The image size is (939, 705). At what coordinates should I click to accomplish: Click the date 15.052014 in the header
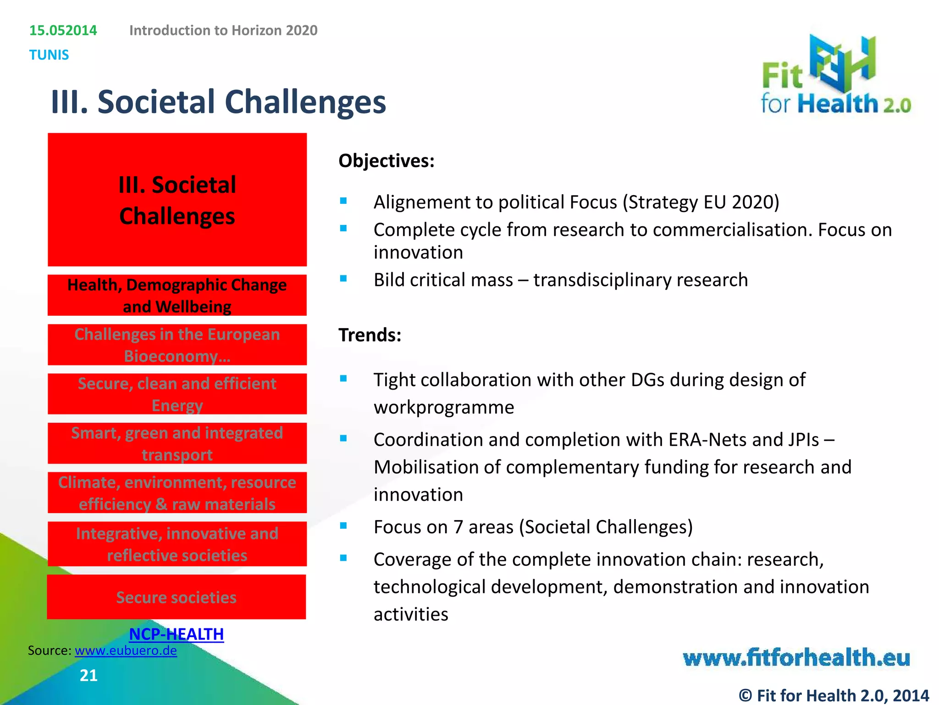point(63,30)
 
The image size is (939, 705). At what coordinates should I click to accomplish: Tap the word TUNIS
point(49,55)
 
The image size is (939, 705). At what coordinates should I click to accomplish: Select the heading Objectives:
point(386,161)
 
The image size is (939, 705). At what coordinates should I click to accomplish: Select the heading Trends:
point(370,335)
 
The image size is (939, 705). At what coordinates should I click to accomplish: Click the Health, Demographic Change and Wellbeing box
point(177,296)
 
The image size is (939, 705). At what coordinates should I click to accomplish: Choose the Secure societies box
point(177,597)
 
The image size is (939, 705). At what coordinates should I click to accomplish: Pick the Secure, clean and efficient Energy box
point(177,394)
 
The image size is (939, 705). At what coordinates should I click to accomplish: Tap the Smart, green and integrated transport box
point(177,443)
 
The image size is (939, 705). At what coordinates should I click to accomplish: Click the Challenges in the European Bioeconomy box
point(177,345)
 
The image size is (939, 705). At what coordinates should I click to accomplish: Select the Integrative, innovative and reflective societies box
point(177,544)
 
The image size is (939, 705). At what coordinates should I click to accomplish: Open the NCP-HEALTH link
point(177,634)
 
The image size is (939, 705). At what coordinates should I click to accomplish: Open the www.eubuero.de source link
point(126,651)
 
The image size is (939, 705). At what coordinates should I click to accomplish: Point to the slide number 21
point(88,675)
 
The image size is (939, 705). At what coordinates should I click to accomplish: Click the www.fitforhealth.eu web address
point(796,658)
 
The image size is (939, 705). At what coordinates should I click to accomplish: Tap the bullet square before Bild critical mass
point(343,278)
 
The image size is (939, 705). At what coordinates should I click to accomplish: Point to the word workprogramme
point(444,408)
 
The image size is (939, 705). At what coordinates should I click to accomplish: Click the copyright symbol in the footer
point(746,695)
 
